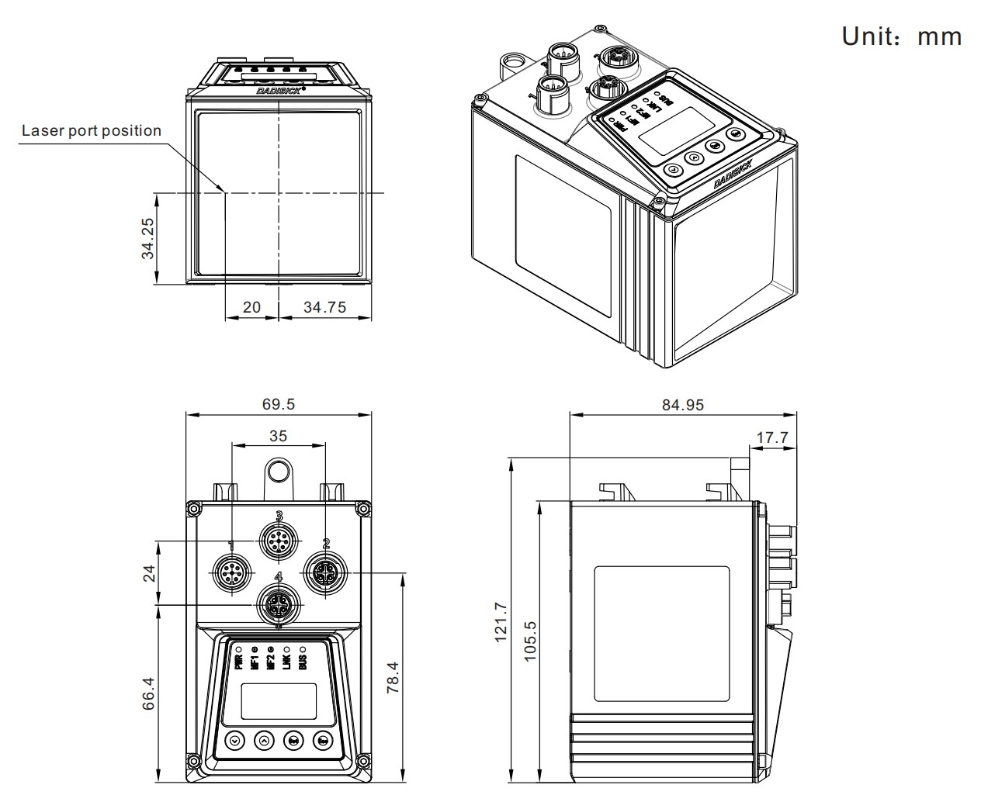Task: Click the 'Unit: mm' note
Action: click(902, 36)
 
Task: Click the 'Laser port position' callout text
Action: click(92, 130)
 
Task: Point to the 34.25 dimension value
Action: click(147, 238)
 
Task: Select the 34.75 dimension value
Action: click(324, 307)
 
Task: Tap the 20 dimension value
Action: click(251, 307)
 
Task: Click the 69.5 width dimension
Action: click(278, 404)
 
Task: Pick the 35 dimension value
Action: click(278, 436)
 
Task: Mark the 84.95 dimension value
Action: click(683, 404)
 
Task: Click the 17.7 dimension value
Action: click(772, 437)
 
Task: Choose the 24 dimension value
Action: click(148, 573)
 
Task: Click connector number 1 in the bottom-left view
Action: click(231, 573)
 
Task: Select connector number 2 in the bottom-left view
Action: click(325, 573)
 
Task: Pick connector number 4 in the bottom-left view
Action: click(278, 604)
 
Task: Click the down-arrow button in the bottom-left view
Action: click(234, 741)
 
